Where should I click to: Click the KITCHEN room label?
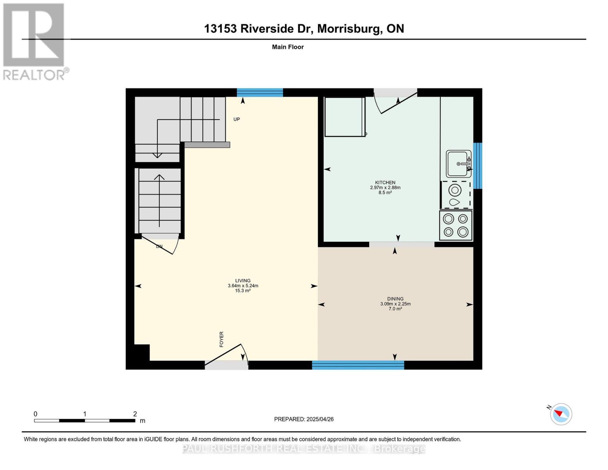tap(385, 183)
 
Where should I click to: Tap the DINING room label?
tap(395, 299)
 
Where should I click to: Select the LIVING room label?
tap(243, 280)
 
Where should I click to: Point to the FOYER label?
tap(221, 339)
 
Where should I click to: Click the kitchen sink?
tap(458, 164)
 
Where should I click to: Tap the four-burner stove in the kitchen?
tap(455, 225)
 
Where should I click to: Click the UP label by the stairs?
tap(236, 119)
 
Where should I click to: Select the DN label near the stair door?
tap(159, 246)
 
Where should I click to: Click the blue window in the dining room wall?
tap(358, 365)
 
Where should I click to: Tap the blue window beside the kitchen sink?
tap(478, 166)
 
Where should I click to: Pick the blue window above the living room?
tap(260, 92)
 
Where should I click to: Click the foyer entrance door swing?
tap(226, 354)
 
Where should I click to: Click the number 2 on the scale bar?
tap(135, 414)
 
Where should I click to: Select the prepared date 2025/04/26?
tap(320, 419)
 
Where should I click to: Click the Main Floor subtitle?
tap(288, 47)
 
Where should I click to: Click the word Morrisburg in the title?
tap(350, 29)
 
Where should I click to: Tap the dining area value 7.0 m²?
tap(395, 309)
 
